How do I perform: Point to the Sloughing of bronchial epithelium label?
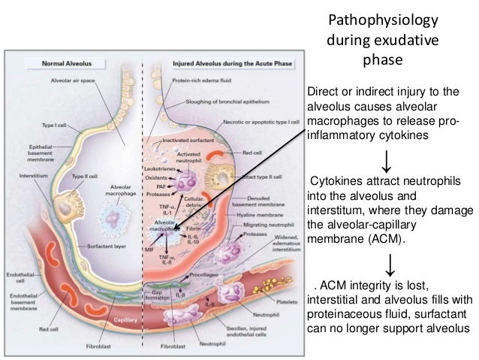pyautogui.click(x=225, y=99)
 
